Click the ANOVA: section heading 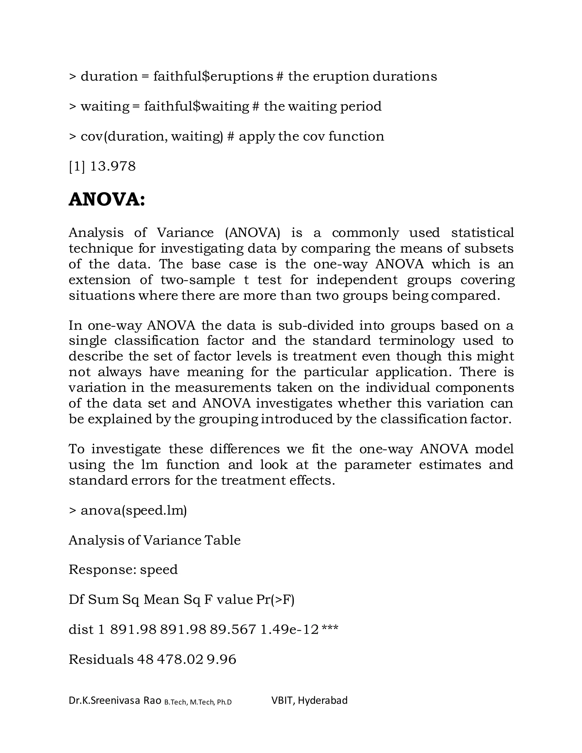(x=107, y=200)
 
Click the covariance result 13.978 (x=113, y=167)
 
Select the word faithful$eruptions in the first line (x=213, y=76)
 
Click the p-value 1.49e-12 (x=289, y=630)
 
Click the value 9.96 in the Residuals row (x=221, y=660)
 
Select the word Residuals (x=101, y=660)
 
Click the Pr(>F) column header (x=275, y=600)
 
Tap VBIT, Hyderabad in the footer (x=309, y=701)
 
